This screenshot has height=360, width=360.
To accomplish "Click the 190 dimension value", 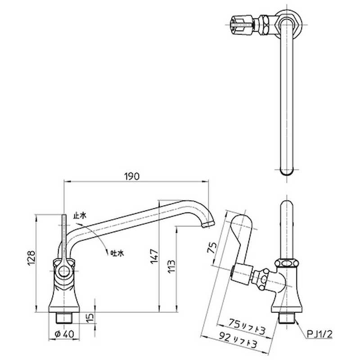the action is (x=132, y=176).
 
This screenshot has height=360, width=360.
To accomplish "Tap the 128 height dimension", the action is (x=31, y=257).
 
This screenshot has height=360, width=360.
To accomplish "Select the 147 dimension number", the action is (x=154, y=256).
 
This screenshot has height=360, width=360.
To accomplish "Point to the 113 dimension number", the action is (x=171, y=266).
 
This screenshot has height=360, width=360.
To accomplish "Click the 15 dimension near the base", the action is (x=91, y=317).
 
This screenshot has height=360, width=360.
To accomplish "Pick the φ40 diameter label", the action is (x=64, y=334).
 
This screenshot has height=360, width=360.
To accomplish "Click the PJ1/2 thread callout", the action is (x=319, y=334).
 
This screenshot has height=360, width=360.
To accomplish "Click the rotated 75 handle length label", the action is (x=212, y=247).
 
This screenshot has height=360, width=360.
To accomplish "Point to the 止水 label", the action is (x=80, y=216).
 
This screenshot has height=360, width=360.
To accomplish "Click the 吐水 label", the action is (x=117, y=253).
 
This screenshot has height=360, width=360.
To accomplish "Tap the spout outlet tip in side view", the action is (x=208, y=224).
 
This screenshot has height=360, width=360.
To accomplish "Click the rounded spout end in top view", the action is (x=287, y=171).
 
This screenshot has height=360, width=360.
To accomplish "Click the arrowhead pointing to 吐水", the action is (x=107, y=252).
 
